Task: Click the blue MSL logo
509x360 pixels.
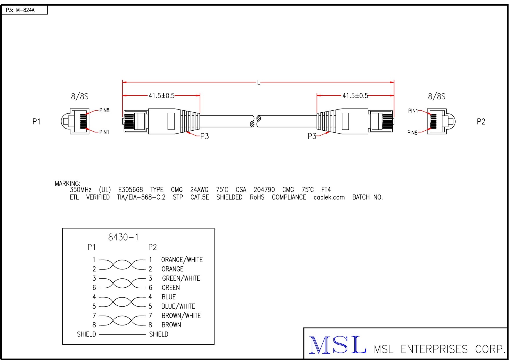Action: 337,345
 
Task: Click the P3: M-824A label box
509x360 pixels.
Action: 24,10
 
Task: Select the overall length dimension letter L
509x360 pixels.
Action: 259,83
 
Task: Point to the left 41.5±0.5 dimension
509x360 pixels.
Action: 162,96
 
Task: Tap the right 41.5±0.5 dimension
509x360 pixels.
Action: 355,96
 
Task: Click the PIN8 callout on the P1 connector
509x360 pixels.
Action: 104,110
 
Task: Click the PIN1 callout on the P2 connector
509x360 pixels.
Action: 413,111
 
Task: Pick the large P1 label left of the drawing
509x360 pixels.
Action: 36,122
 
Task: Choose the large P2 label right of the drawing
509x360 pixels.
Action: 481,122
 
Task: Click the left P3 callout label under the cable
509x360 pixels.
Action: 205,136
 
